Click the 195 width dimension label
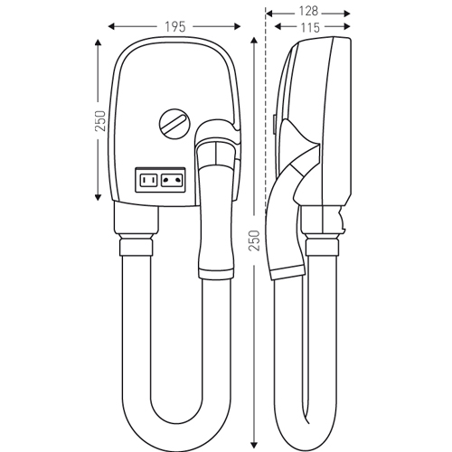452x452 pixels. click(x=174, y=27)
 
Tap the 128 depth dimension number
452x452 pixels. click(x=308, y=12)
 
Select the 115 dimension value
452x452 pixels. click(x=310, y=28)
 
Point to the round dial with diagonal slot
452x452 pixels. click(x=175, y=124)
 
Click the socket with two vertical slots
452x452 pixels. click(x=149, y=181)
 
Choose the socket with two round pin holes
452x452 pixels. click(x=172, y=181)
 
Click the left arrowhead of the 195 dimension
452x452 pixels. click(x=111, y=27)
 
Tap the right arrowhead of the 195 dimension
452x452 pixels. click(x=238, y=27)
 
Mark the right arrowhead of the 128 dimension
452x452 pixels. click(x=347, y=14)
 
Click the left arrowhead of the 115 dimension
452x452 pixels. click(x=278, y=27)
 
